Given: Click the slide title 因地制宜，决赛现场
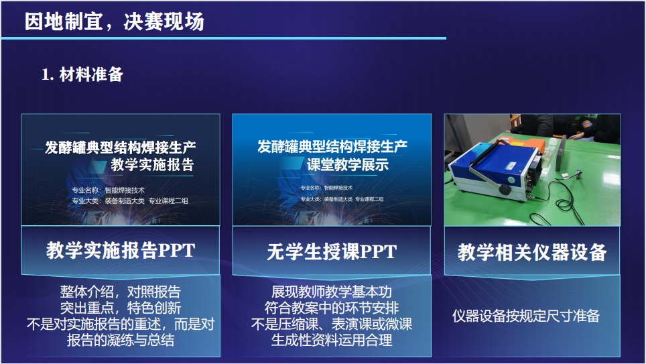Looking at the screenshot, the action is click(x=114, y=21).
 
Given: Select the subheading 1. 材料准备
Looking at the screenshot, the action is click(x=82, y=74).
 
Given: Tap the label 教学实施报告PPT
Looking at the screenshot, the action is click(x=121, y=250).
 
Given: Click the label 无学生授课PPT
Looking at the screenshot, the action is click(x=332, y=251).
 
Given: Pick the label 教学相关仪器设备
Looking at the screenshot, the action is click(x=532, y=252).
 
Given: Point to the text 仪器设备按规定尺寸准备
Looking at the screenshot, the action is click(x=525, y=316).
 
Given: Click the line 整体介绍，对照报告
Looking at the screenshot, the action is click(x=121, y=292).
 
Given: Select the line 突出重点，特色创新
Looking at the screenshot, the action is click(x=121, y=308).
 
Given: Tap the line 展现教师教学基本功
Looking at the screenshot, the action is click(x=332, y=292).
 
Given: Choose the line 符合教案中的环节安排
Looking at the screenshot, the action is click(x=332, y=308).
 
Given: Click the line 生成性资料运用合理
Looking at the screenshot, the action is click(x=332, y=340).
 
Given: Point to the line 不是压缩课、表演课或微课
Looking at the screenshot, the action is click(x=332, y=324).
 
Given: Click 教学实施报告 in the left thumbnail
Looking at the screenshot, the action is click(x=152, y=164).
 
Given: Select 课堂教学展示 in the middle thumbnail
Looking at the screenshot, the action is click(x=348, y=164).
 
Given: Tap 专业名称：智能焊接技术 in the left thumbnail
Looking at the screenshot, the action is click(x=109, y=190).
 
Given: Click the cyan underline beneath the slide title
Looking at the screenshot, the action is click(x=224, y=38).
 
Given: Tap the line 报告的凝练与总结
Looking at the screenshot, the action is click(x=121, y=340).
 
